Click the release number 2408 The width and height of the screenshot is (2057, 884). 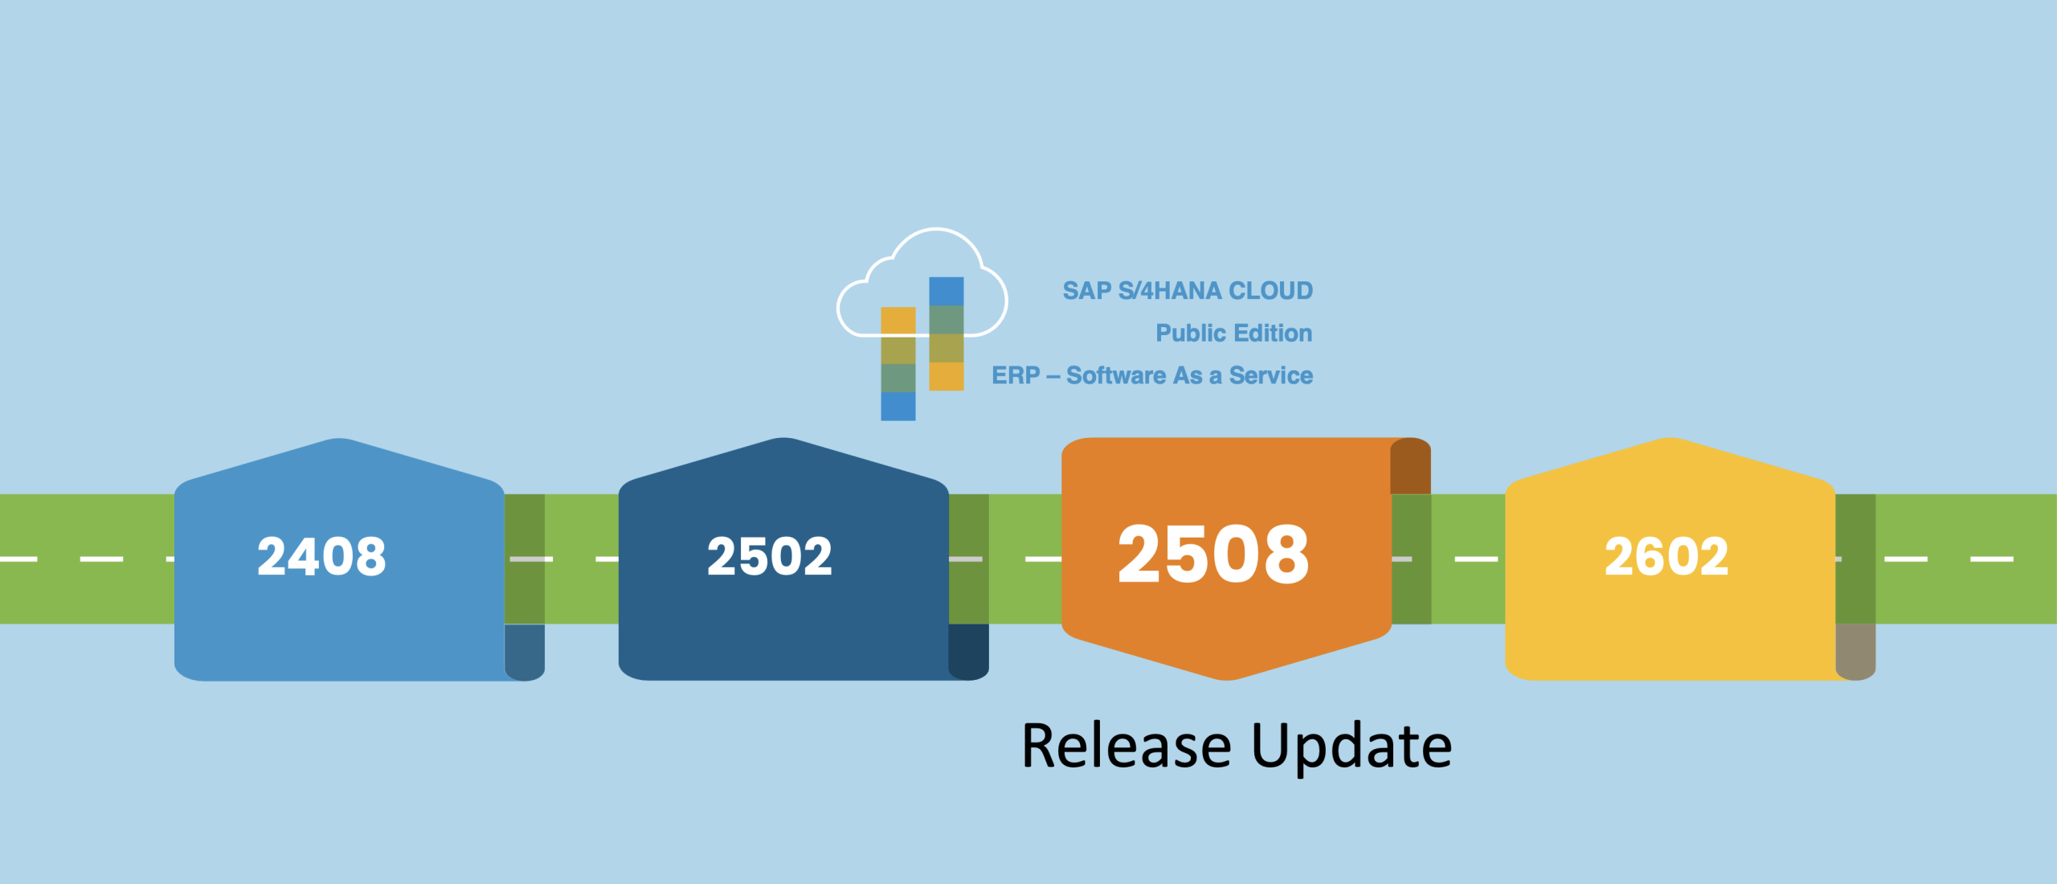click(321, 556)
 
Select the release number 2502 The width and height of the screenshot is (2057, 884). click(769, 556)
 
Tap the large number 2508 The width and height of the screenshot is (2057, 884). click(1213, 555)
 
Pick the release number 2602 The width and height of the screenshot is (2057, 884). click(1666, 556)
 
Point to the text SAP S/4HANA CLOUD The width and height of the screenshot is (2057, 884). click(1188, 290)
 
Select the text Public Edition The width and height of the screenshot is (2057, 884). click(1233, 333)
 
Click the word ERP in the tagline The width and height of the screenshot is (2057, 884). click(1016, 375)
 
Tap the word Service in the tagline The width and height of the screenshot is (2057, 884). click(1270, 375)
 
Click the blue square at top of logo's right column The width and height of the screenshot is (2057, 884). click(946, 291)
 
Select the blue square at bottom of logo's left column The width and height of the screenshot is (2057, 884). click(898, 406)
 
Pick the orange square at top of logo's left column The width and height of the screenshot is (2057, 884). click(898, 321)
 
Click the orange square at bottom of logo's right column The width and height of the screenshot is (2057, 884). click(946, 376)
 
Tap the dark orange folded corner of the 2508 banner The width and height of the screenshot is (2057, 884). click(1410, 466)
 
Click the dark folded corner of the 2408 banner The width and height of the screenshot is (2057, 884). click(525, 652)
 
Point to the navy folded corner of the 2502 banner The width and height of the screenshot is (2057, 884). click(968, 652)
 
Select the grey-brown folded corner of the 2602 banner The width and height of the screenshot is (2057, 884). click(1855, 652)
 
